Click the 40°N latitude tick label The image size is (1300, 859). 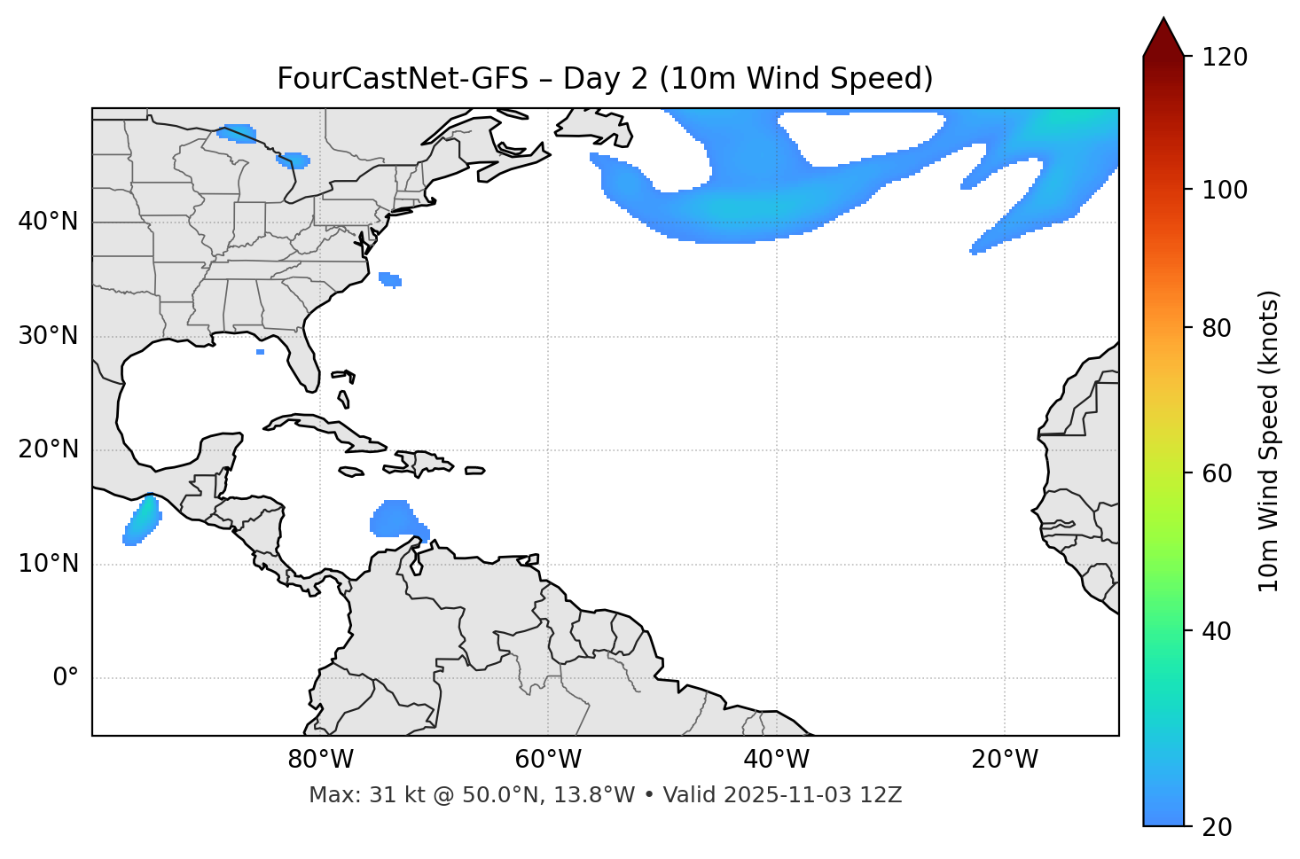48,222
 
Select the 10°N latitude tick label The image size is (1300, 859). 48,564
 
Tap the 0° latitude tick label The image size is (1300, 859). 65,678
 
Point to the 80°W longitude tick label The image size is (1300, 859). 320,760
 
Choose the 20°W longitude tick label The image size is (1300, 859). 1005,760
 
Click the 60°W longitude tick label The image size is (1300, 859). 548,760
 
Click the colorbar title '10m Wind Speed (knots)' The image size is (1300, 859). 1269,441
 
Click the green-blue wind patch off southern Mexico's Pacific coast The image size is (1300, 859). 142,520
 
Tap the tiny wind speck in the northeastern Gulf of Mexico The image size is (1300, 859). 260,352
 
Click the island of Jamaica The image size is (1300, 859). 351,472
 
